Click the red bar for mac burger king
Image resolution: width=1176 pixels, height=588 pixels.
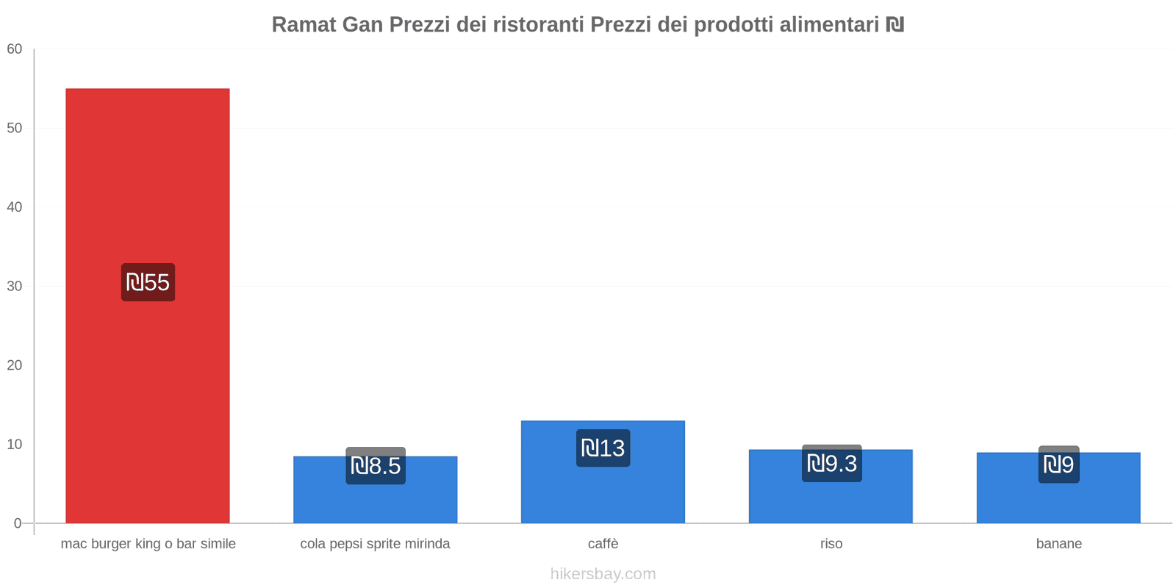tap(147, 184)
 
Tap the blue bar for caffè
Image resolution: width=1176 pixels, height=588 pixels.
tap(603, 492)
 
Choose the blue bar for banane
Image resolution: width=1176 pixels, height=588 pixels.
tap(1058, 503)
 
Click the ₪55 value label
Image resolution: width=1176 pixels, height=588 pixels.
tap(148, 282)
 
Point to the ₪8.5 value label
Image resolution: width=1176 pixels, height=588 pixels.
tap(376, 465)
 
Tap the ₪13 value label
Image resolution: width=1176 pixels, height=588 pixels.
tap(603, 448)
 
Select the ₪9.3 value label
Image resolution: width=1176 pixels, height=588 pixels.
tap(831, 463)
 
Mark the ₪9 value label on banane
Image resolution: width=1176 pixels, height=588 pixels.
tap(1058, 465)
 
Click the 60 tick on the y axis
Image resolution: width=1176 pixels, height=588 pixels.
tap(15, 49)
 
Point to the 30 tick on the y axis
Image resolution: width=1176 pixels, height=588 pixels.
tap(15, 287)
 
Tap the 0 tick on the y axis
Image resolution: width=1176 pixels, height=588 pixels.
tap(18, 523)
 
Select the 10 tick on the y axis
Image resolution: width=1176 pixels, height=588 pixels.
tap(15, 445)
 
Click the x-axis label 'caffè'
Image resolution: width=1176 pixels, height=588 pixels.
tap(603, 544)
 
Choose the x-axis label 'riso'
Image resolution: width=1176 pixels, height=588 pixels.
tap(831, 544)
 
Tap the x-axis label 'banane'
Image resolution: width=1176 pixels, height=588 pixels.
tap(1058, 544)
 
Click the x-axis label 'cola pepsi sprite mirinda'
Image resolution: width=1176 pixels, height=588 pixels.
tap(375, 544)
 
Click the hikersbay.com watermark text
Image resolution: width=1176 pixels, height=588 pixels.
tap(603, 574)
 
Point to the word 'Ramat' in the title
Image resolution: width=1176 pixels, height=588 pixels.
tap(304, 25)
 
